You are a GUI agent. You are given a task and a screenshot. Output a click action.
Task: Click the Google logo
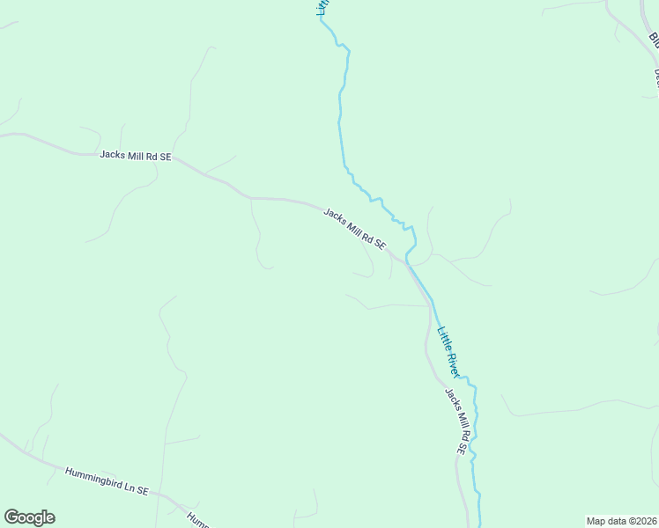[29, 517]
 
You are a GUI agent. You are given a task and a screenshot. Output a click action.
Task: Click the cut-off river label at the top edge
[322, 7]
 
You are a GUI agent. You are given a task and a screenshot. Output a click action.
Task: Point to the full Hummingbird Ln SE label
[107, 480]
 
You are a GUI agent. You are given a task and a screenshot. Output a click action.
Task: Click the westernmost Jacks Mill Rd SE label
[136, 156]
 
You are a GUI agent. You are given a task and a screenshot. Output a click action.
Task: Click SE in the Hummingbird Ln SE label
[142, 488]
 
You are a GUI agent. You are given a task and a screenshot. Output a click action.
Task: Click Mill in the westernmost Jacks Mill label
[136, 156]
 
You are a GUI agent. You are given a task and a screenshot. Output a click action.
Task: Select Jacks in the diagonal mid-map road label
[334, 216]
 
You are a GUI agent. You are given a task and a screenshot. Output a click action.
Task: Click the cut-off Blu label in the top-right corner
[654, 40]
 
